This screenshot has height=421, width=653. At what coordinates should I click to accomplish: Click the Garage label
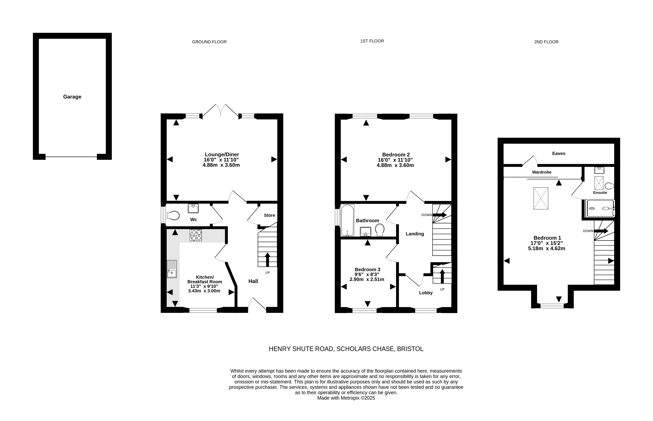tap(72, 97)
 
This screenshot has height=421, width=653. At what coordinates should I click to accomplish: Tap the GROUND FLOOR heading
tap(209, 42)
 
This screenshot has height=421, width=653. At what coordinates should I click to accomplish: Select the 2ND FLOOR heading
tap(546, 42)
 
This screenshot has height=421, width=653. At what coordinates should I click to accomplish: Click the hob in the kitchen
tap(196, 235)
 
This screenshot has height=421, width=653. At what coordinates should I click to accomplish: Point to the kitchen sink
tap(172, 269)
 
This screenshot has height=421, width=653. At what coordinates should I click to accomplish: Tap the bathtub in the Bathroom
tap(347, 220)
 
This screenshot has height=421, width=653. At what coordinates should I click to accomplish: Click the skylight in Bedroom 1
tap(541, 198)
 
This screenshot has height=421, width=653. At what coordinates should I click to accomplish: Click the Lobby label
tap(426, 293)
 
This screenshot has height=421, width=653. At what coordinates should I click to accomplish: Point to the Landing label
tap(415, 234)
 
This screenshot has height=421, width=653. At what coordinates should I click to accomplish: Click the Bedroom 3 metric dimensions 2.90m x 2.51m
tap(367, 279)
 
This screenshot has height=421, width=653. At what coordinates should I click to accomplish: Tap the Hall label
tap(253, 281)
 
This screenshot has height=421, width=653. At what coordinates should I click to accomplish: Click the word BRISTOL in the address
tap(410, 349)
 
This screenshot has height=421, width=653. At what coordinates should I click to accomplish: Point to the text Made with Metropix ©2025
tap(346, 398)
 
